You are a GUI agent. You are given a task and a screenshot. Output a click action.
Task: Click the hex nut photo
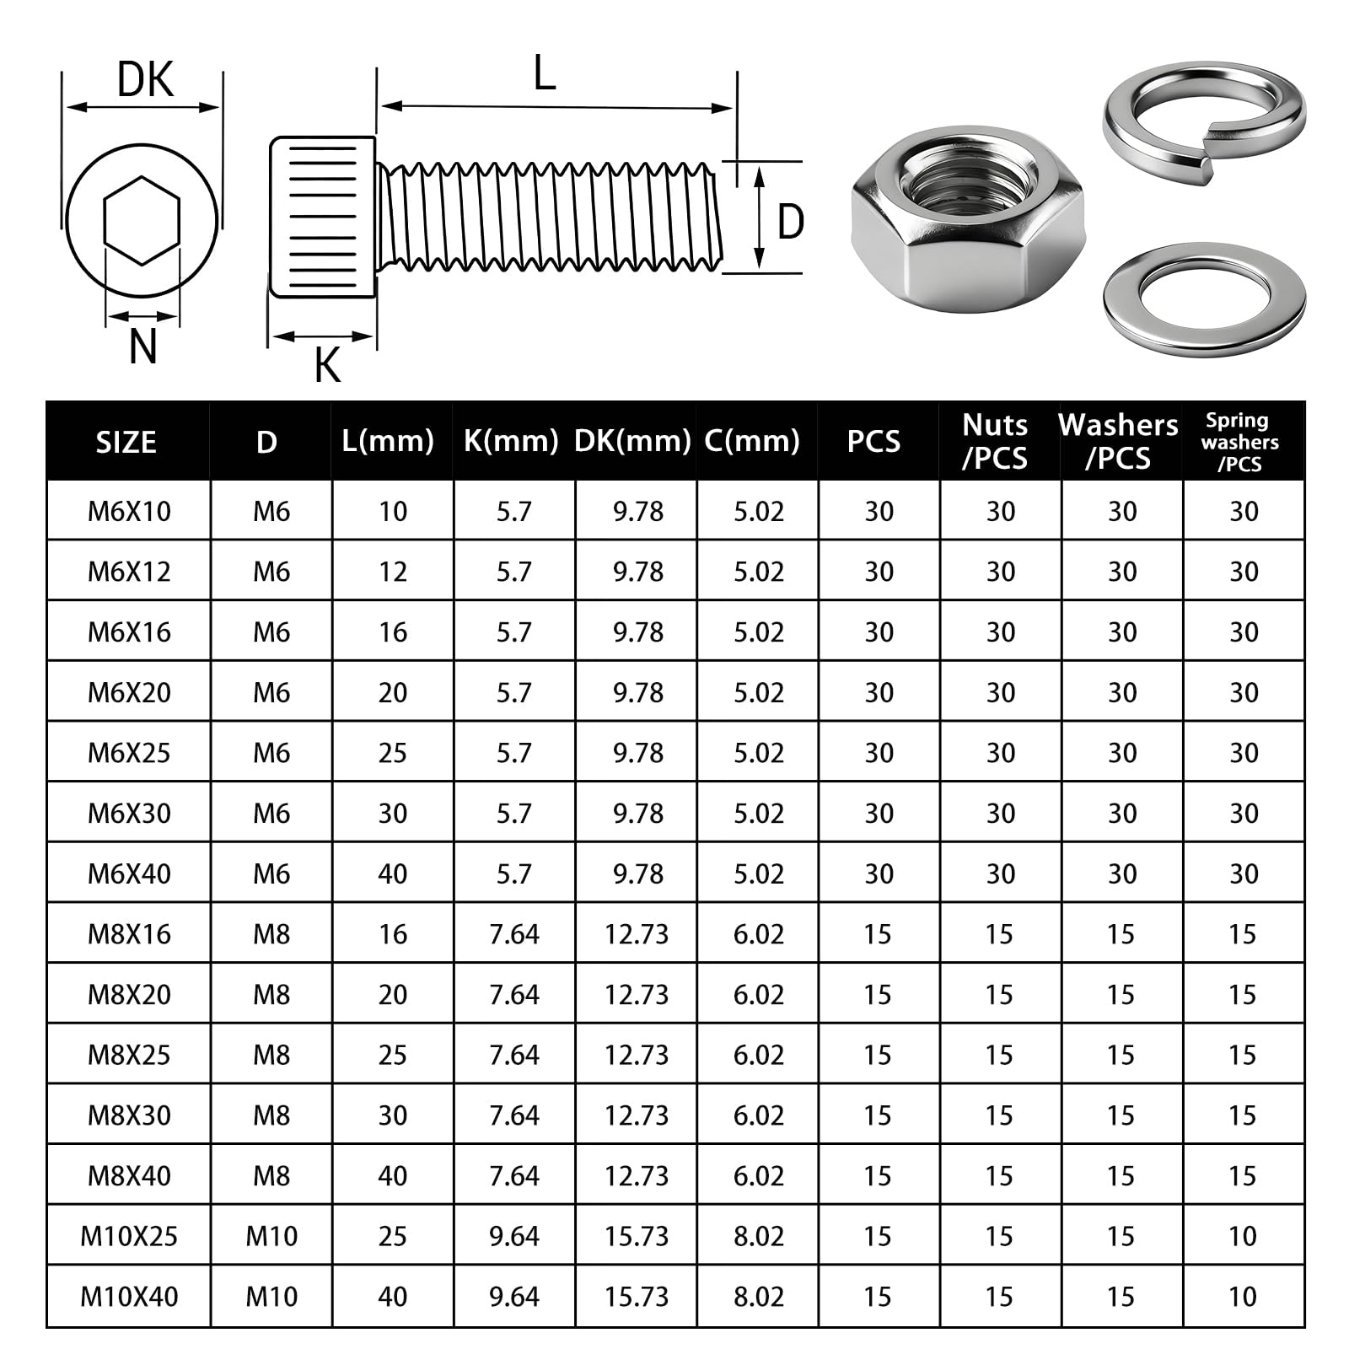click(x=968, y=219)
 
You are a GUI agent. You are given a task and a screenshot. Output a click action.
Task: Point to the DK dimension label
click(x=145, y=80)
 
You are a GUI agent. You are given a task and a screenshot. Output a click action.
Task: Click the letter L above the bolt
click(x=545, y=73)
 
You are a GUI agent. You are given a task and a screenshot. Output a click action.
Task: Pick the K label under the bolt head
click(x=327, y=365)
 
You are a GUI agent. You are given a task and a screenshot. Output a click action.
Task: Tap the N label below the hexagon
click(x=143, y=346)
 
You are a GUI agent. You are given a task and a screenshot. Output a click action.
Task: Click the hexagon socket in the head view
click(x=142, y=221)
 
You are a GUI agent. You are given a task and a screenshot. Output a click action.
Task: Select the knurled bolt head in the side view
click(x=323, y=217)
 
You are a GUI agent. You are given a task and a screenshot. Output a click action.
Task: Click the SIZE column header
click(x=126, y=443)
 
